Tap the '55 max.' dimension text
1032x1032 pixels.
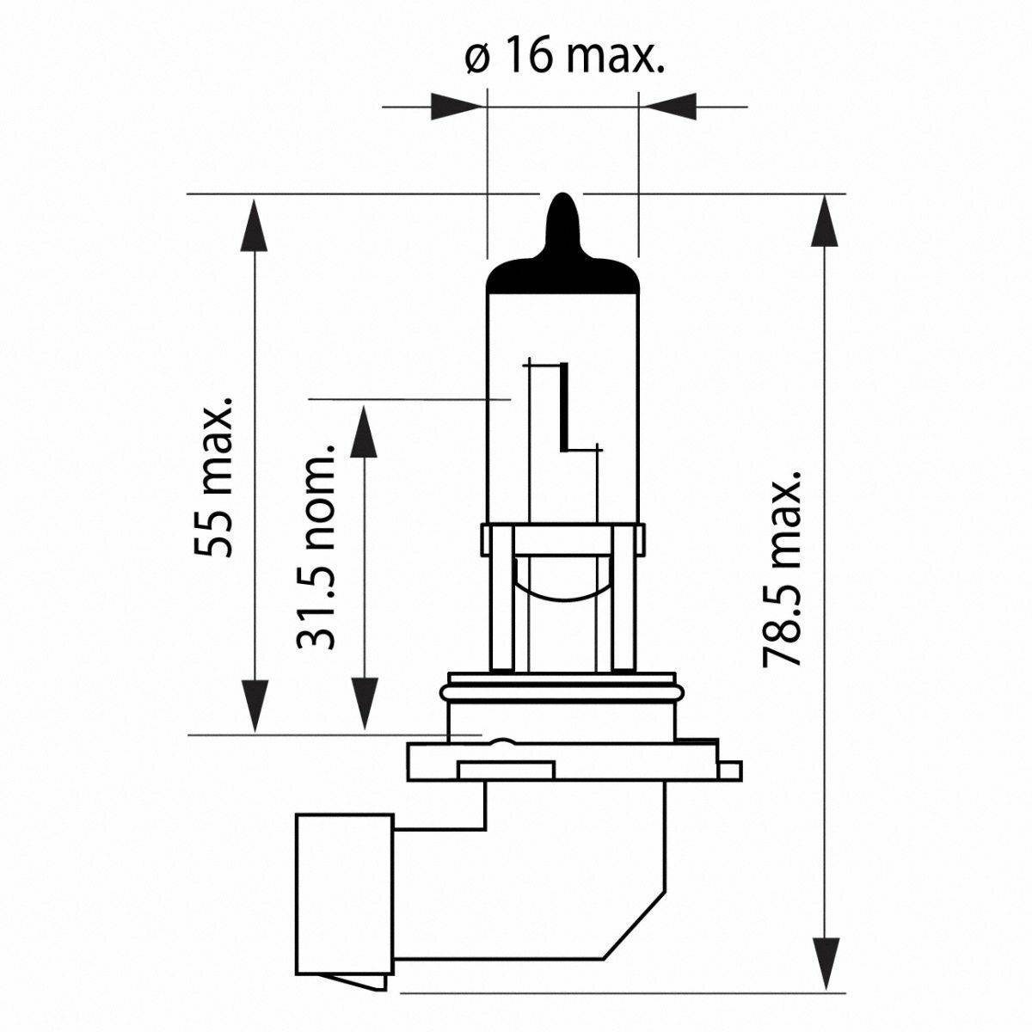[x=213, y=477]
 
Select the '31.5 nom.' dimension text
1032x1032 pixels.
[x=316, y=547]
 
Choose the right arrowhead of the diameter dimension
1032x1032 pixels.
[x=669, y=107]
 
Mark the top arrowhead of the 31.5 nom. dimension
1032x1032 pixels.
[x=364, y=431]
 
